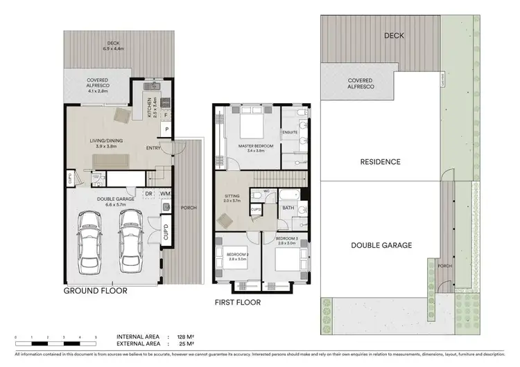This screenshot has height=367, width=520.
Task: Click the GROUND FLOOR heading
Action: [x=96, y=291]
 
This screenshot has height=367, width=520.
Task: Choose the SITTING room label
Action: [x=232, y=196]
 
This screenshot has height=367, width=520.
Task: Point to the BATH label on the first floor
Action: [x=288, y=207]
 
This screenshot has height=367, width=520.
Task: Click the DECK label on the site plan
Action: [x=394, y=35]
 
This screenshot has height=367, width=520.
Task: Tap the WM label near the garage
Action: [x=165, y=194]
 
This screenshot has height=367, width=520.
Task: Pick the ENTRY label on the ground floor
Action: [x=154, y=148]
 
